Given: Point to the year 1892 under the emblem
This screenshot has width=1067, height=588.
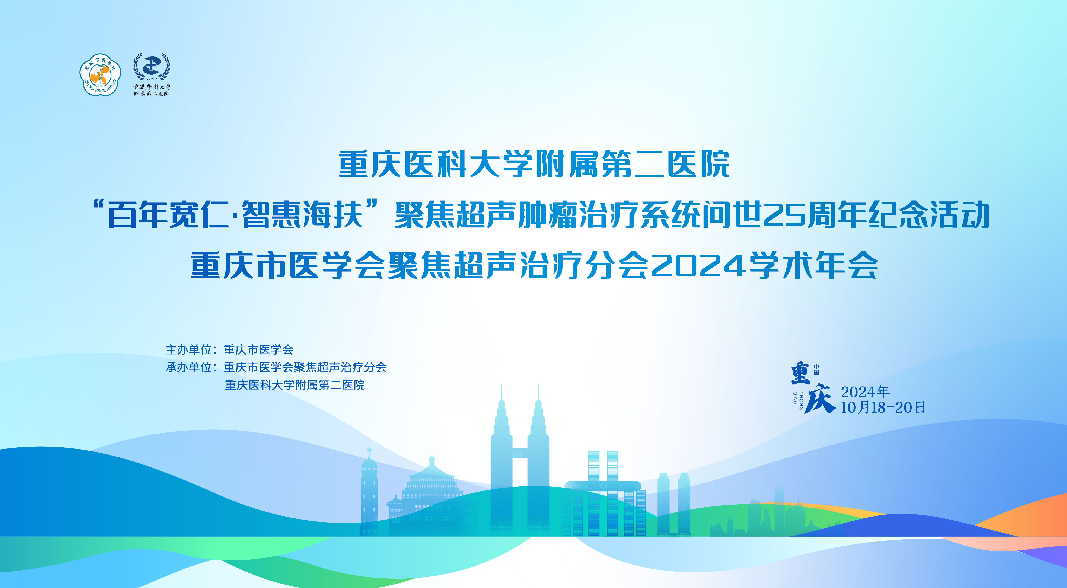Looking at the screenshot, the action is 152,79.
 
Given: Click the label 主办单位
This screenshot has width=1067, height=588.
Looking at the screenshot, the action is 189,350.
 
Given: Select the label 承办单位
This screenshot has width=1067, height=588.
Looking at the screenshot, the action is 189,367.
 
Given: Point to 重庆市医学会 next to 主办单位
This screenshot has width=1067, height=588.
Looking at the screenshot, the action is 258,350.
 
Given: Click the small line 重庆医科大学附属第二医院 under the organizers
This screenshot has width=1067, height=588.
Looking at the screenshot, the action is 295,385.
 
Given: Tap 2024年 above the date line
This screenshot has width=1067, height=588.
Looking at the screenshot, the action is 865,392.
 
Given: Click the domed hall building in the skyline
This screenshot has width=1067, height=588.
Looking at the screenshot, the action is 431,493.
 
